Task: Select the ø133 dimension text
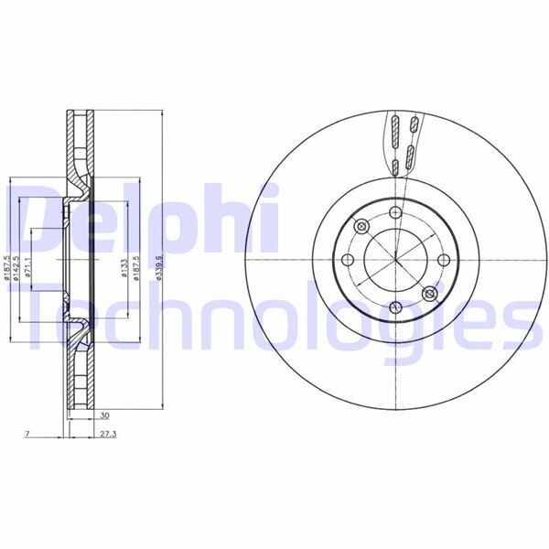(x=123, y=267)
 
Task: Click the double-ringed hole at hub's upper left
(x=361, y=226)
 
